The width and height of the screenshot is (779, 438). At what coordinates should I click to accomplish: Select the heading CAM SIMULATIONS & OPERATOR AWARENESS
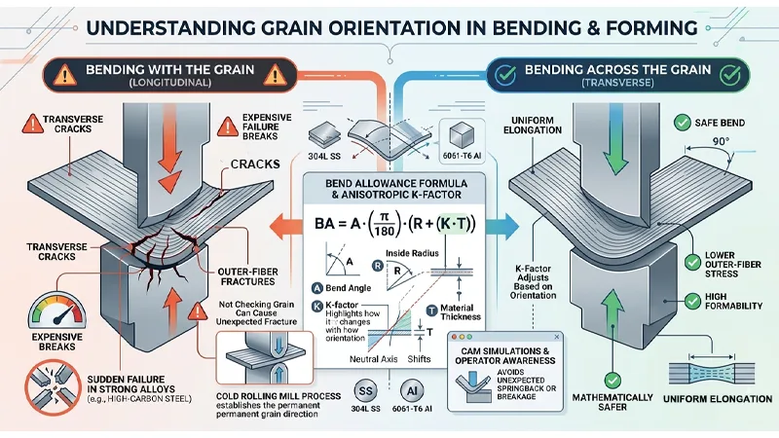[505, 348]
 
